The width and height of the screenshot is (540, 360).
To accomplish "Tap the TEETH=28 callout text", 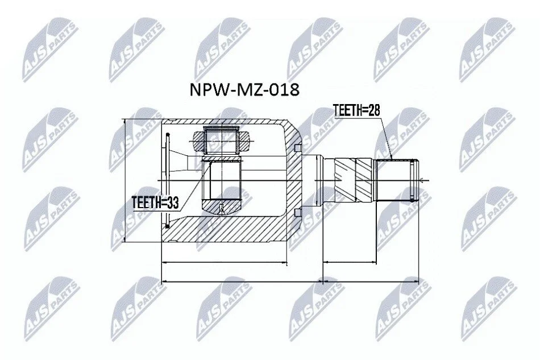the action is click(356, 110).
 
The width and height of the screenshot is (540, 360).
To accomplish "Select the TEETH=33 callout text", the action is click(156, 203).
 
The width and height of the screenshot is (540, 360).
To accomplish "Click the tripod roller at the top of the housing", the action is click(221, 140).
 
